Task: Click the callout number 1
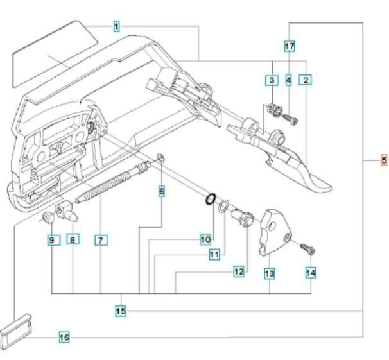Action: tap(116, 26)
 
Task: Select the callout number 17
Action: tap(290, 46)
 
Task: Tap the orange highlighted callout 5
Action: tap(384, 160)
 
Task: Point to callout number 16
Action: tap(64, 337)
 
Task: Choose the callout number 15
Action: tap(121, 311)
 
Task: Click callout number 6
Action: tap(161, 191)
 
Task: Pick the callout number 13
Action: tap(270, 273)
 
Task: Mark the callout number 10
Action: tap(205, 239)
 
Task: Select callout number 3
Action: tap(272, 80)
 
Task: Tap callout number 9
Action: tap(53, 240)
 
